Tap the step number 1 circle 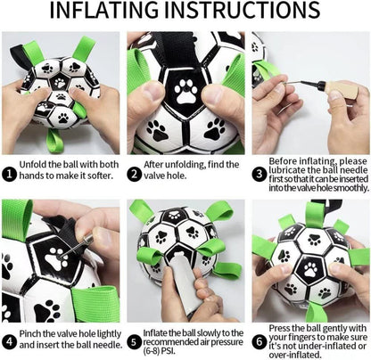(9, 173)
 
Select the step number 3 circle (259, 173)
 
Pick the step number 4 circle (9, 340)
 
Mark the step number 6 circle (259, 340)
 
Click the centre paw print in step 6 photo (312, 267)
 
